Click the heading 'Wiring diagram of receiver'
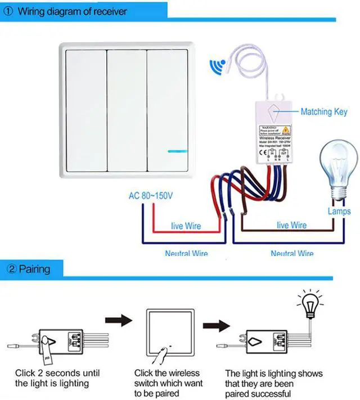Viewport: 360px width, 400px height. [73, 11]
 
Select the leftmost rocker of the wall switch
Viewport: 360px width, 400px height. [86, 109]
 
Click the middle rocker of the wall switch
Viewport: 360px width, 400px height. [127, 109]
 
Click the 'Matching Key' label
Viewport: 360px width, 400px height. [324, 111]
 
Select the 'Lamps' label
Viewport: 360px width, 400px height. [339, 212]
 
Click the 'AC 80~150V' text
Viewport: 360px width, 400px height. [151, 196]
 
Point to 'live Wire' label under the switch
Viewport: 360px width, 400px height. [186, 226]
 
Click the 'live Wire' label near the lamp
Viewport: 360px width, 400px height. [291, 225]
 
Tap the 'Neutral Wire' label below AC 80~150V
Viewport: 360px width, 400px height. [186, 254]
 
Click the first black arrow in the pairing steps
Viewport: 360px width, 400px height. [119, 321]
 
